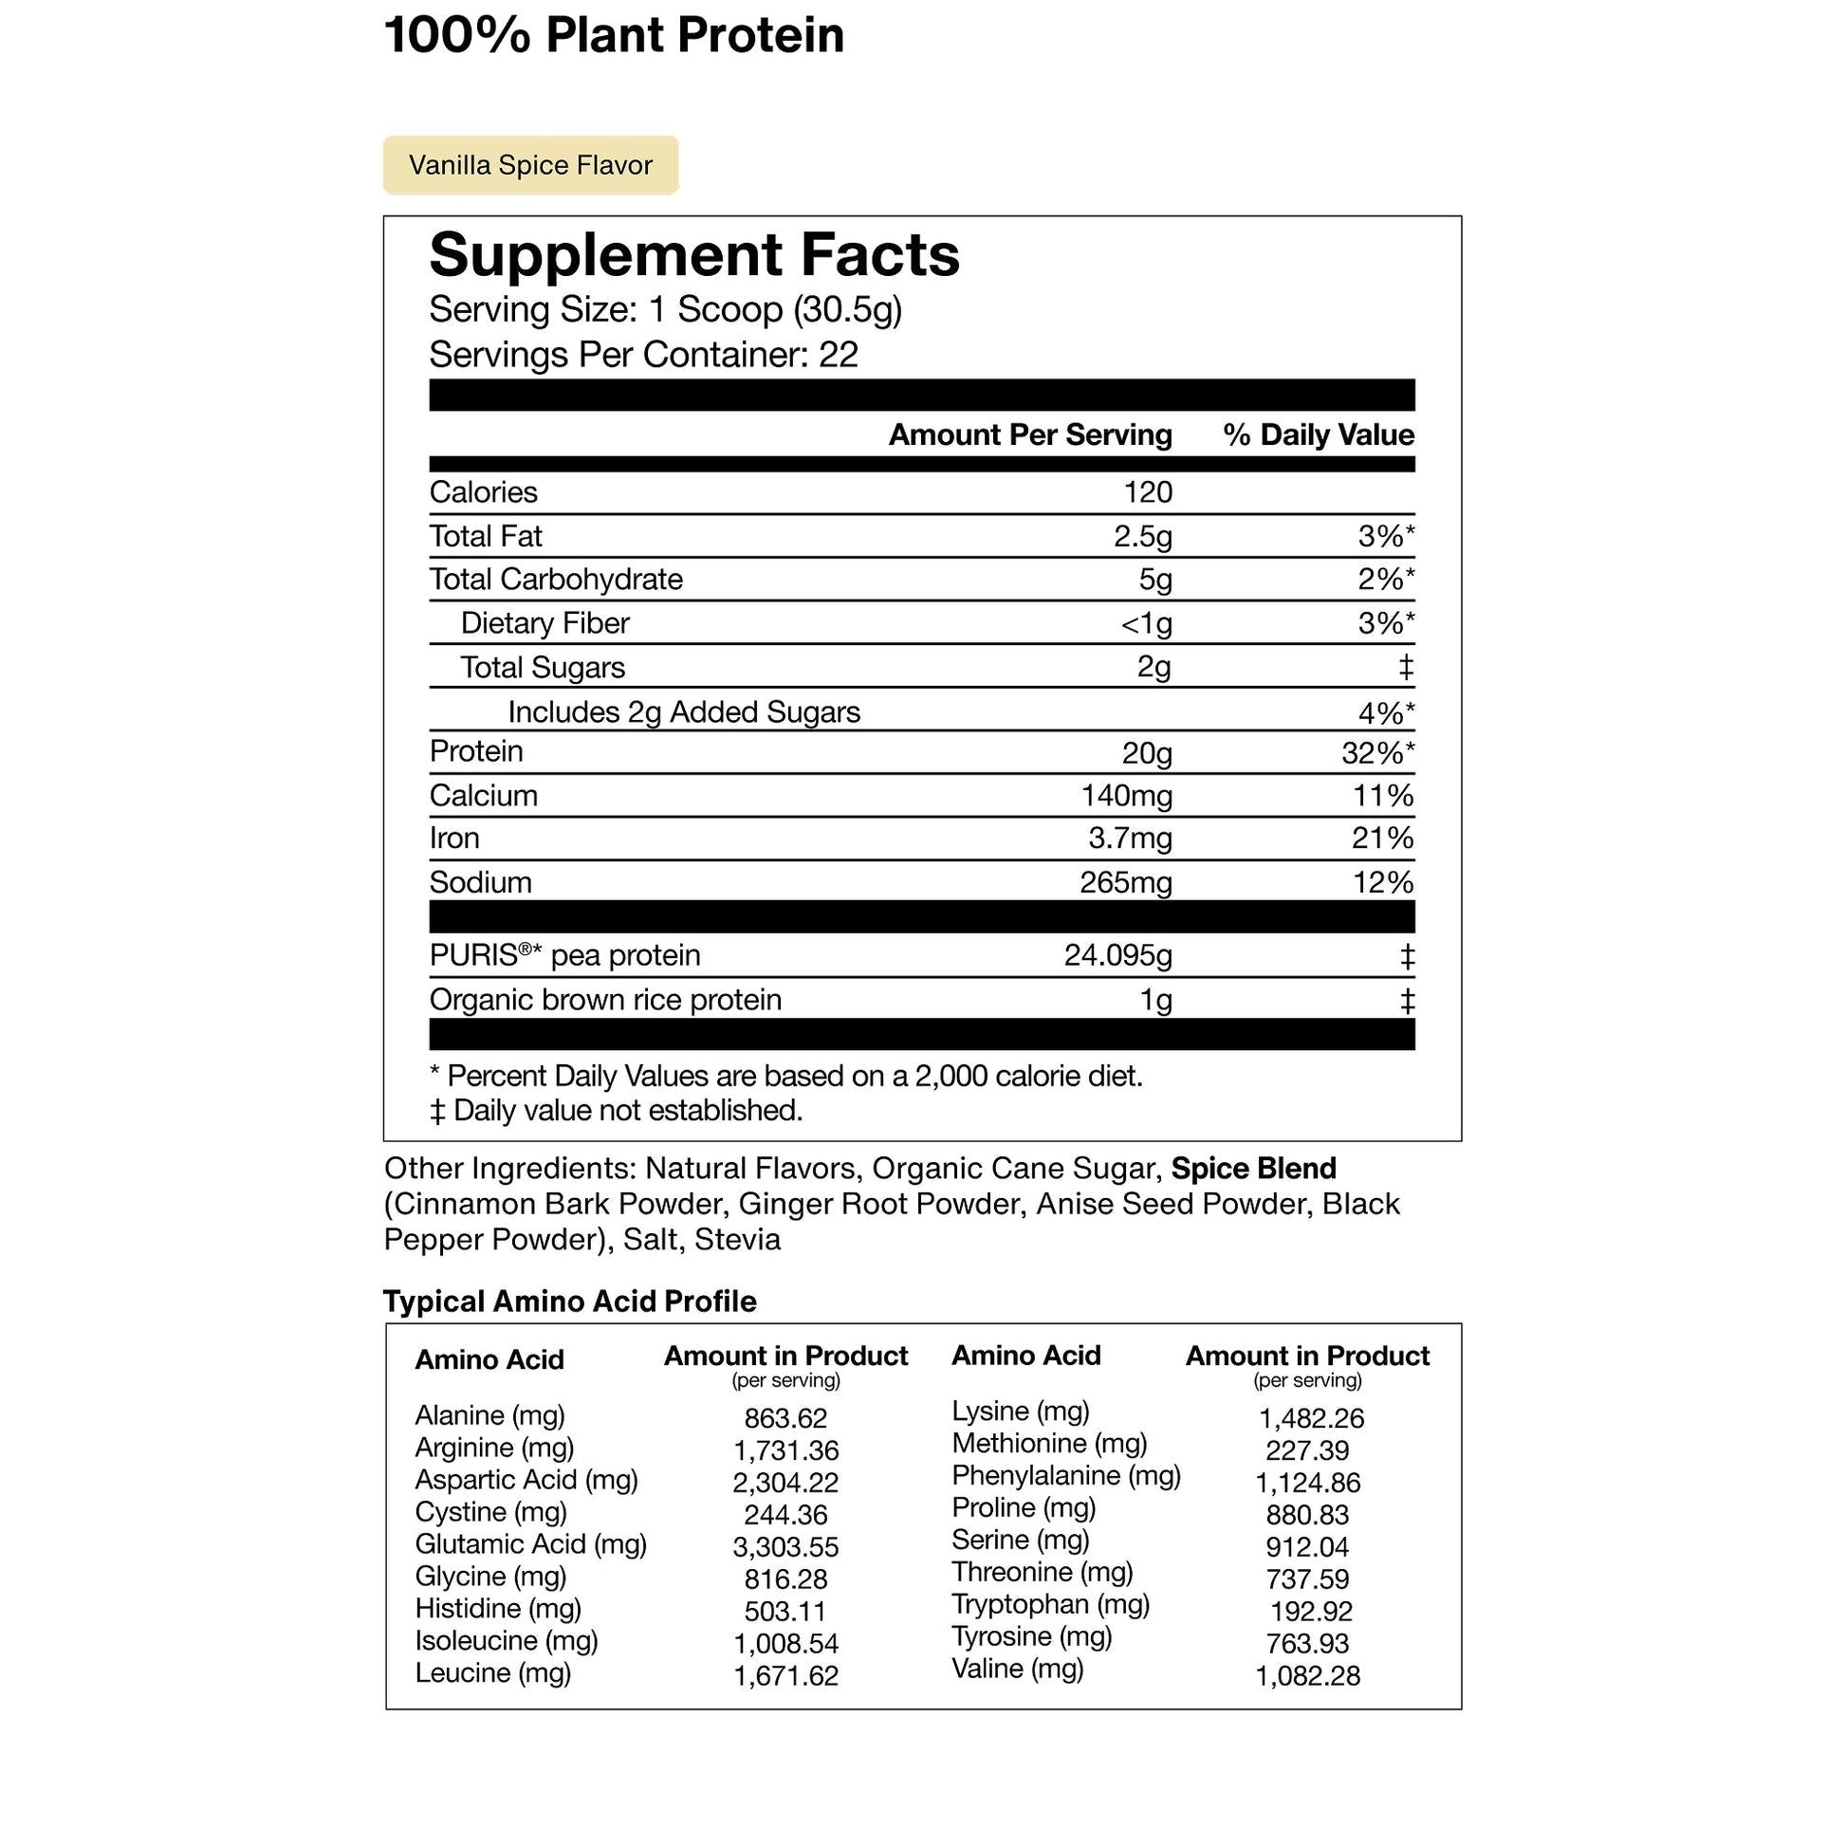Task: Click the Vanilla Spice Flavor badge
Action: [530, 165]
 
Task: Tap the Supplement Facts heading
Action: [693, 255]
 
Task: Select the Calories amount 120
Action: [1147, 492]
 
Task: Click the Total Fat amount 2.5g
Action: [1142, 536]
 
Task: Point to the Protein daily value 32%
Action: [1375, 753]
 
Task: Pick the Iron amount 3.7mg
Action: [1130, 838]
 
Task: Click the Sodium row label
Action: [480, 882]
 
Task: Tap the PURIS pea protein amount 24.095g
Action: [1117, 955]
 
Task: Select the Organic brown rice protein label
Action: [605, 1000]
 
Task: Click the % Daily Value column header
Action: [1318, 434]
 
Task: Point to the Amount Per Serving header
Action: [1029, 434]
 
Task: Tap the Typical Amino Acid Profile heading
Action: [569, 1301]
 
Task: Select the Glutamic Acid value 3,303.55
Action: [785, 1547]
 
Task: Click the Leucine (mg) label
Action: [492, 1673]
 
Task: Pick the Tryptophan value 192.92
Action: [1311, 1612]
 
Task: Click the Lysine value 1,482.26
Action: [1311, 1418]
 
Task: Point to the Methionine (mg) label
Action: [1049, 1443]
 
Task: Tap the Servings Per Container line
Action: [643, 355]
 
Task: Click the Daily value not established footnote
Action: [617, 1110]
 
